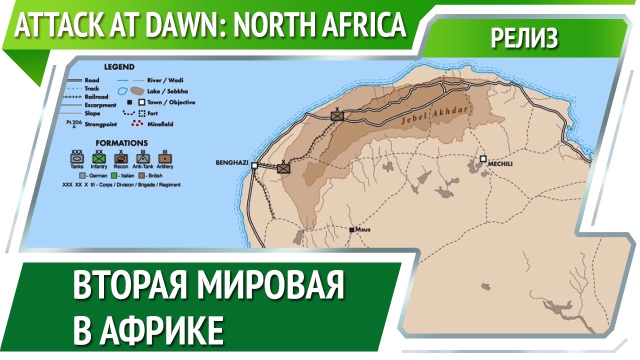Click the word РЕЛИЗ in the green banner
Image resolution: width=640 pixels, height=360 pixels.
coord(524,38)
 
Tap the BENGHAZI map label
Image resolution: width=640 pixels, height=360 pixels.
coord(231,163)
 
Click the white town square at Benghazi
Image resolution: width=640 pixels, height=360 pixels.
coord(254,165)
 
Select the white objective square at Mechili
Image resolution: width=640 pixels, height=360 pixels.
coord(483,158)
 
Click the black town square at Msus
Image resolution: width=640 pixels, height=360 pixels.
coord(352,229)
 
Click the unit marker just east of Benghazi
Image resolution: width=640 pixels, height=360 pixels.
coord(283,168)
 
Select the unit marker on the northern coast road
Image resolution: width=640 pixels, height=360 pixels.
coord(338,116)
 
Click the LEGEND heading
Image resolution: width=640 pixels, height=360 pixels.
coord(119,67)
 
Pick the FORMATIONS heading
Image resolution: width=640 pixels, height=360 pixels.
coord(121,143)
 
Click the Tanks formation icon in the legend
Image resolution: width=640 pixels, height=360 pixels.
coord(77,157)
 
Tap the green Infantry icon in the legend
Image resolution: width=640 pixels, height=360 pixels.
coord(99,157)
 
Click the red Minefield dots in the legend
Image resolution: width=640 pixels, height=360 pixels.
coord(137,123)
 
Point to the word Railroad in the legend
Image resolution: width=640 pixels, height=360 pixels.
coord(96,97)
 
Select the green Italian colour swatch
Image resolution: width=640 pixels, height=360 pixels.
coord(113,176)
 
